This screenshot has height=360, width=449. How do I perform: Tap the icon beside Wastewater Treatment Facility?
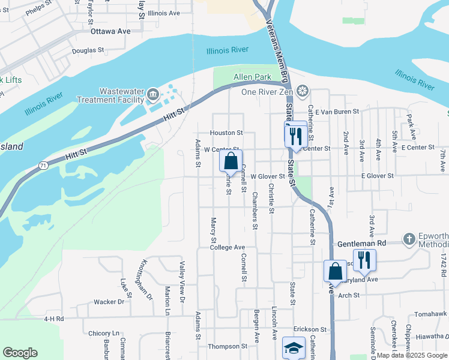click(152, 94)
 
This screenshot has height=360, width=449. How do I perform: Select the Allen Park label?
click(252, 77)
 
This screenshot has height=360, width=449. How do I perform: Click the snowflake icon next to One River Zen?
click(303, 91)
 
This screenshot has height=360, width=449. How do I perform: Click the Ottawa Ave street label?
click(110, 30)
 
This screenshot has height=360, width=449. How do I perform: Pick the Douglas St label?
click(88, 51)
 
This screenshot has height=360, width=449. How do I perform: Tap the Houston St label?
click(226, 133)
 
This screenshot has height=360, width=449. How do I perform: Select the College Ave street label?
click(228, 247)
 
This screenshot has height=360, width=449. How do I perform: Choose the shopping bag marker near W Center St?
click(231, 161)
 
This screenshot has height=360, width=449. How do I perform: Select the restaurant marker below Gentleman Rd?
click(364, 259)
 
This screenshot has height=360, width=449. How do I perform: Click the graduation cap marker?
click(293, 348)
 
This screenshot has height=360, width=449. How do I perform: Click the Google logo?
click(20, 353)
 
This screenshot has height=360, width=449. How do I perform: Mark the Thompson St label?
click(223, 346)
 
